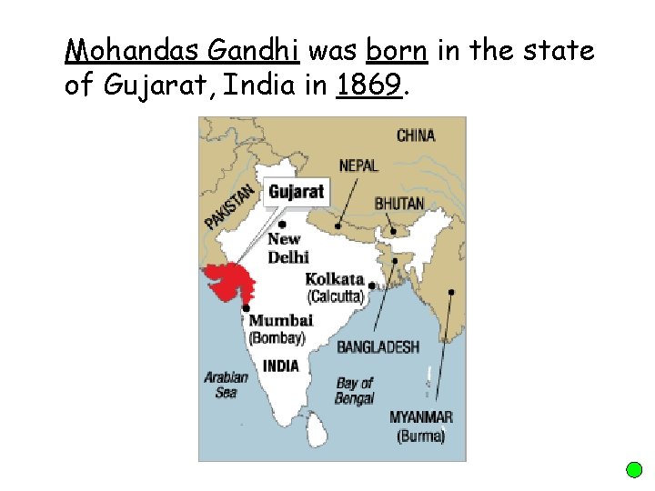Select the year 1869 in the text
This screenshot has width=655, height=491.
[368, 86]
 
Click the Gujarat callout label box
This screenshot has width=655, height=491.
[297, 192]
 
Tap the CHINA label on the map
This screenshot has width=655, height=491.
[416, 135]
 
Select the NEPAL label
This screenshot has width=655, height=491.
[358, 165]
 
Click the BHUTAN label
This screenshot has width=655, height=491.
[399, 203]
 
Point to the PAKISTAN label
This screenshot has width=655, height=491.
[229, 207]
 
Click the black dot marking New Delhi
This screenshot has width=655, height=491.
[283, 224]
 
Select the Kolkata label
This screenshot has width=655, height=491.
[335, 279]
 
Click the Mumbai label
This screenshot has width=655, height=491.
[280, 320]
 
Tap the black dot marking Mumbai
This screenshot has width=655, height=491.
[246, 309]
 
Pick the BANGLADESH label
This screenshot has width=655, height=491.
[378, 346]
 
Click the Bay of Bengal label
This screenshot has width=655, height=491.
[354, 391]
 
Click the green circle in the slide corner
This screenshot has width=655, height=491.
[635, 470]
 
